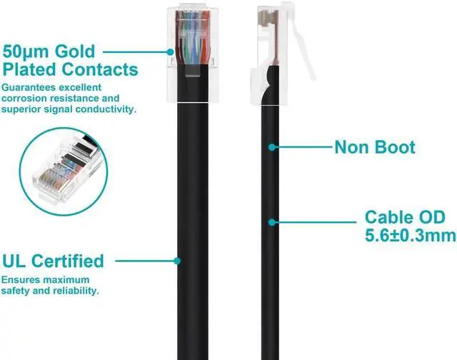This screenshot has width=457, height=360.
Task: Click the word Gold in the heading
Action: pyautogui.click(x=75, y=51)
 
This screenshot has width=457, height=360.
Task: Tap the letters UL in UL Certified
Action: pyautogui.click(x=18, y=261)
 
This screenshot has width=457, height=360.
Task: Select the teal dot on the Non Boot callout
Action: pyautogui.click(x=271, y=148)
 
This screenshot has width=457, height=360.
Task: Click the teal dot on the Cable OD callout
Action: pyautogui.click(x=271, y=222)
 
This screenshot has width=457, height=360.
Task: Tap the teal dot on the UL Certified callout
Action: pyautogui.click(x=179, y=261)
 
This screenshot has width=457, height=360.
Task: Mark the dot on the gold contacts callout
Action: pyautogui.click(x=172, y=51)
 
